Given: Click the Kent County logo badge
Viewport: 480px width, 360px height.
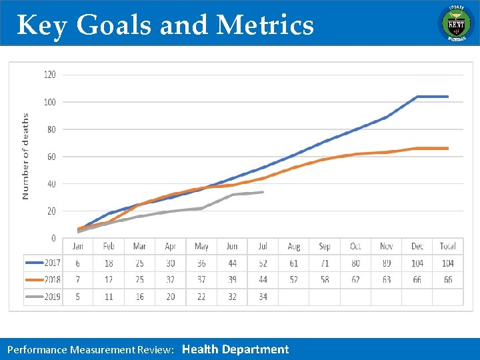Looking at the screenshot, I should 455,23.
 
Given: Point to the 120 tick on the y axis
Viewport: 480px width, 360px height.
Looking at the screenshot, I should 50,75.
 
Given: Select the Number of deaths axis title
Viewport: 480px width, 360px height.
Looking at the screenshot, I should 26,157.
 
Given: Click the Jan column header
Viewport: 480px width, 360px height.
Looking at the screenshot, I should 78,247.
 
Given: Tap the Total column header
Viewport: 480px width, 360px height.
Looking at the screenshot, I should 448,247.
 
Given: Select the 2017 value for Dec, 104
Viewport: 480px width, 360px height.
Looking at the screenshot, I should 417,263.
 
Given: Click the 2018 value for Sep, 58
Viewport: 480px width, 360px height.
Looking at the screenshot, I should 325,280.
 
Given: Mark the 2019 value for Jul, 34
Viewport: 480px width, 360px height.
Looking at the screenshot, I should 263,297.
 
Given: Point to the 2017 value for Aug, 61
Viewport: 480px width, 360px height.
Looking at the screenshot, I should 294,263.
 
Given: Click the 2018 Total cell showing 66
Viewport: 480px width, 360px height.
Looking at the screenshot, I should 448,280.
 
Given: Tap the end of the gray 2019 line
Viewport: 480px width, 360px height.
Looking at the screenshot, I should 263,192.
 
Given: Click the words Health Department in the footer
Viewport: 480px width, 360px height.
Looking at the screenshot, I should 235,349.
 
